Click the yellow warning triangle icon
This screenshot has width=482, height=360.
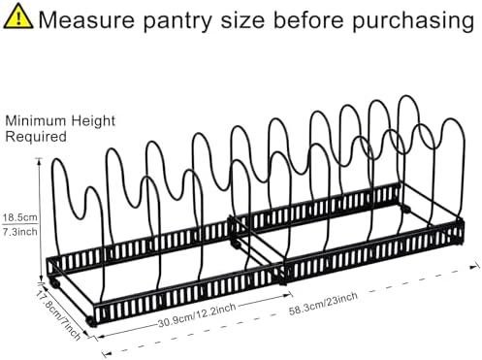pos(18,16)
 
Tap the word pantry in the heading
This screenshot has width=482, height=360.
pos(177,22)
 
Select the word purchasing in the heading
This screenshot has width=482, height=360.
pos(413,22)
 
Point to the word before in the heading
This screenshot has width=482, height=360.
pos(308,20)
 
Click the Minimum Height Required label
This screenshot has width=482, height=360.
pos(60,129)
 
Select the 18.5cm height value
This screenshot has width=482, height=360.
pos(20,217)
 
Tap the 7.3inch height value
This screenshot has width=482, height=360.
pos(20,232)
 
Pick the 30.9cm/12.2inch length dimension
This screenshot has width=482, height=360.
pos(197,314)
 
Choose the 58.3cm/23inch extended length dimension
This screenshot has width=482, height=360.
pos(323,304)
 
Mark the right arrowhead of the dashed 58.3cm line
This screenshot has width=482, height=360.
pos(475,267)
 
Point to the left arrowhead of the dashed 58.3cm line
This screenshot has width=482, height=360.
pos(107,353)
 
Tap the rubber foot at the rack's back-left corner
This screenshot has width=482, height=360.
pos(55,283)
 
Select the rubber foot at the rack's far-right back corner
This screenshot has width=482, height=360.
pos(406,209)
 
